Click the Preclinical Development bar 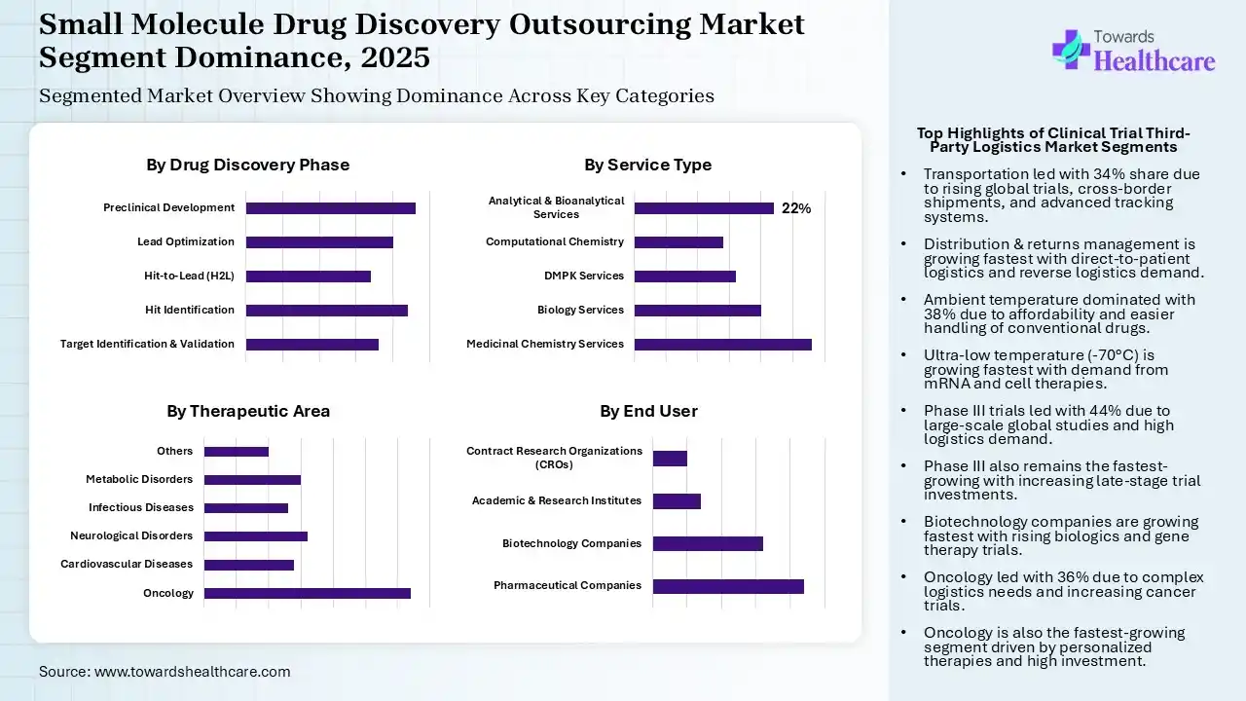(x=330, y=207)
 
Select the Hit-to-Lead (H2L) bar (x=308, y=276)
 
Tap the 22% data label (x=796, y=208)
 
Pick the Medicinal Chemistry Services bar (x=722, y=344)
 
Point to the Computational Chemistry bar (x=678, y=241)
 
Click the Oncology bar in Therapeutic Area (x=307, y=593)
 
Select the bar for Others (x=236, y=451)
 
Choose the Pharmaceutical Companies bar (x=728, y=586)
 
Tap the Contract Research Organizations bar (x=670, y=459)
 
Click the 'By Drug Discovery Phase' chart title (x=247, y=165)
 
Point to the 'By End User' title (x=648, y=411)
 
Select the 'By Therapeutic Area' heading (x=247, y=411)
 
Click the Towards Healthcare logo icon (x=1070, y=49)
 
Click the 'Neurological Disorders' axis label (x=131, y=535)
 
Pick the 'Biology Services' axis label (x=580, y=310)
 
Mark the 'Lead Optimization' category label (x=185, y=241)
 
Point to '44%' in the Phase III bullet (x=1081, y=411)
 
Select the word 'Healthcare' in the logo (x=1154, y=61)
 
